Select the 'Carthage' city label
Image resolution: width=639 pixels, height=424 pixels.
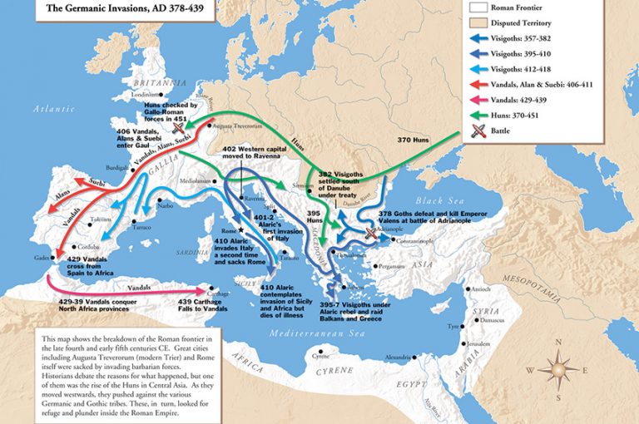218,293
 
